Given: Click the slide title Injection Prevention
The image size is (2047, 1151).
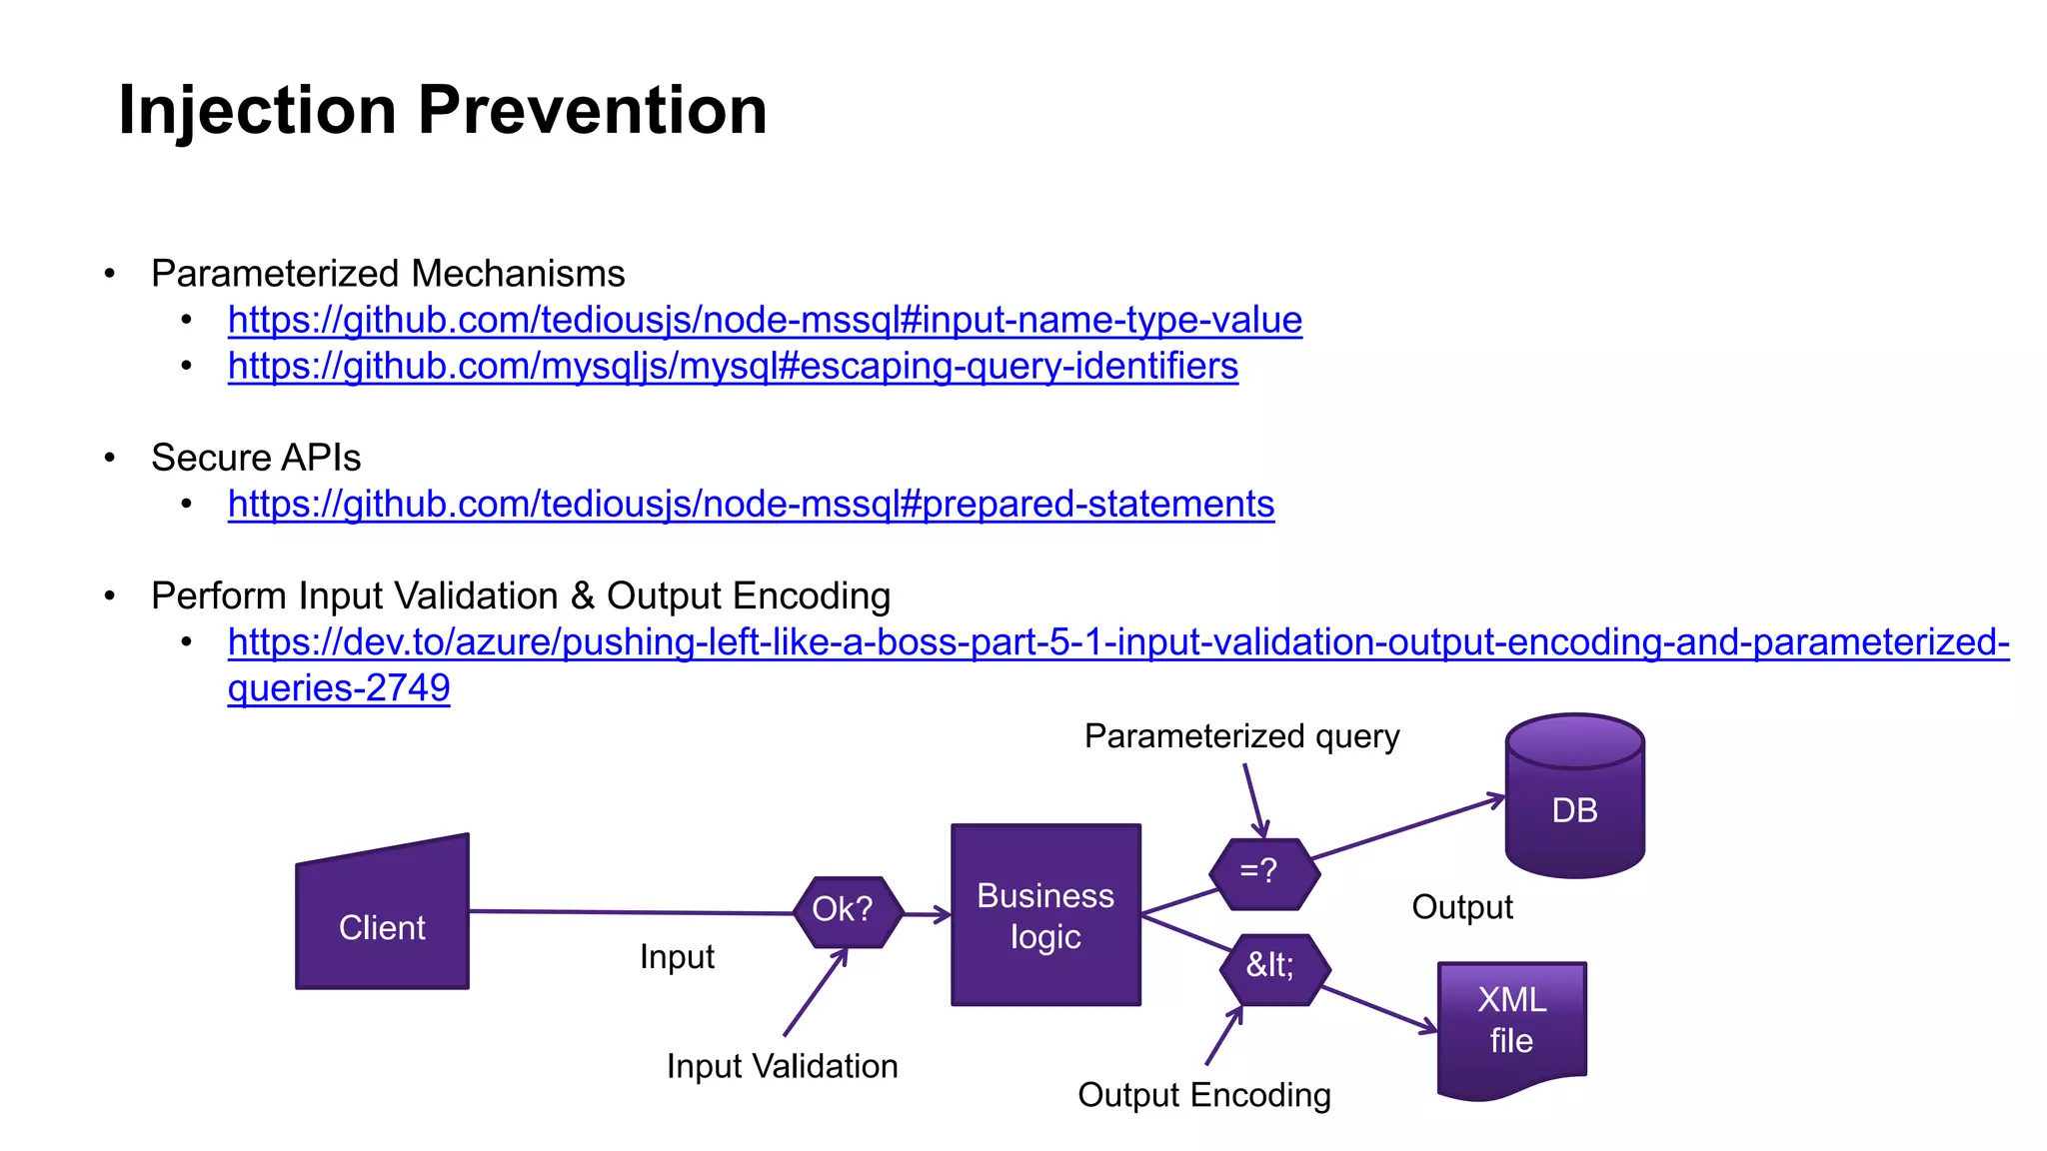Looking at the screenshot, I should (x=442, y=110).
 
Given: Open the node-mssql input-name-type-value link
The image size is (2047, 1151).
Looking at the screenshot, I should (x=765, y=320).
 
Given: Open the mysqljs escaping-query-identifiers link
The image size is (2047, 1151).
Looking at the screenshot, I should (x=733, y=366).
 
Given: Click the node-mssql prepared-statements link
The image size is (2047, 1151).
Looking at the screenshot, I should (x=751, y=504).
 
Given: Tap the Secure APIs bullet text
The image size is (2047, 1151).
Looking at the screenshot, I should (x=256, y=458).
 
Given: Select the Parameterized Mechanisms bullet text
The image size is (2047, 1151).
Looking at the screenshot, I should (x=388, y=274).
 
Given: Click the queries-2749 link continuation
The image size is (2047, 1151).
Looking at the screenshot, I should (x=339, y=687).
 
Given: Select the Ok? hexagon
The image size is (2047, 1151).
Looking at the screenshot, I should (x=847, y=910).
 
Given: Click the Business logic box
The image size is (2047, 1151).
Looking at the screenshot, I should (x=1045, y=915).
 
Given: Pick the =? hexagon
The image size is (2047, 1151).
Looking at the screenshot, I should (x=1263, y=872).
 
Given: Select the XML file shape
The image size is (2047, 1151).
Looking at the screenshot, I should (x=1511, y=1024).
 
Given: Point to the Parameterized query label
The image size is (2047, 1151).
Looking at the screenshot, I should (x=1241, y=736).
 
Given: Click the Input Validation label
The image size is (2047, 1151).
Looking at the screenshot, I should (x=782, y=1066).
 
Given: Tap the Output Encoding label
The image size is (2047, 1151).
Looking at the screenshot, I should (x=1203, y=1095).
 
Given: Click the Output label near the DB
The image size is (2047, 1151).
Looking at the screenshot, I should (x=1462, y=907).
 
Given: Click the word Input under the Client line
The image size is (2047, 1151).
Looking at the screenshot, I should (x=677, y=957).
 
